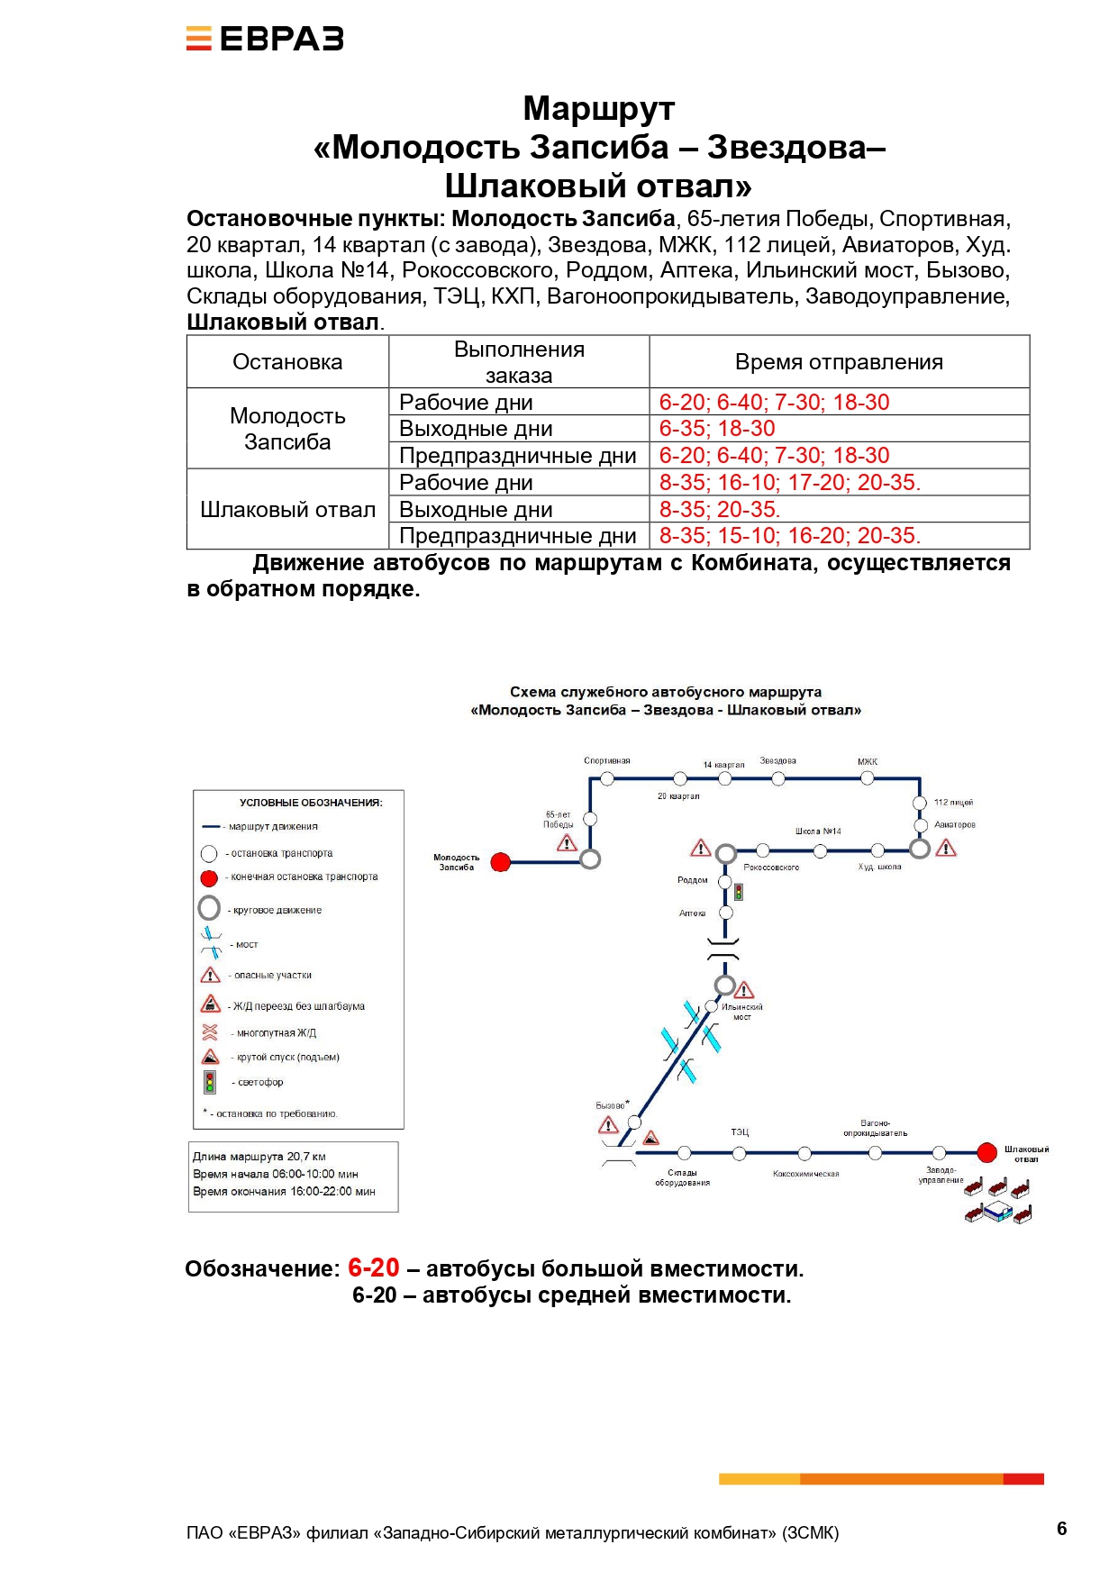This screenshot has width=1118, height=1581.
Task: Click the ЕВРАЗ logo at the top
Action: pos(265,39)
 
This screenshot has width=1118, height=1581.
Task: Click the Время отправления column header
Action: pos(839,362)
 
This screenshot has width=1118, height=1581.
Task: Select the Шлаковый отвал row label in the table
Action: pos(287,510)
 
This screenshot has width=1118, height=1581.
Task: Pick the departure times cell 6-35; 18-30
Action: pos(717,429)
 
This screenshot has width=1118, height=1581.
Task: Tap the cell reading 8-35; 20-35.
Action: pos(720,510)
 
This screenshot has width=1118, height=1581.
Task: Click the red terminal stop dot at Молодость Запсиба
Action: pos(501,862)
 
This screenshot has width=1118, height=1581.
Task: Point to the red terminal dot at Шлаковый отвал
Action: pos(987,1152)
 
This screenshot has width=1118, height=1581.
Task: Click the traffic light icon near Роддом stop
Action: pos(739,892)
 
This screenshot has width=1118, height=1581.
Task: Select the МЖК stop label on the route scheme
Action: pos(868,762)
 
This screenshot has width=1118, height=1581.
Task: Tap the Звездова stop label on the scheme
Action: pos(778,761)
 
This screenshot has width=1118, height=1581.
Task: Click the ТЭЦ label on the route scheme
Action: pos(740,1132)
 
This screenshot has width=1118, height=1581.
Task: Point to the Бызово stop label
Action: pos(610,1106)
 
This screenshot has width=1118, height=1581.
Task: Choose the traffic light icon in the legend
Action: pos(210,1082)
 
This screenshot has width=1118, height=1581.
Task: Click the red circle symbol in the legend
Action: pos(209,877)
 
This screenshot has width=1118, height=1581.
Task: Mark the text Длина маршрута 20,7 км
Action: pos(259,1157)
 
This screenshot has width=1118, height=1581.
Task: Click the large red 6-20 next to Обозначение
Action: pos(373,1268)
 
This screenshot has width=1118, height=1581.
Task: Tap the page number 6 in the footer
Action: pos(1061,1529)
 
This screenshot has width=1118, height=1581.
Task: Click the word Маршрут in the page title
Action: pos(598,109)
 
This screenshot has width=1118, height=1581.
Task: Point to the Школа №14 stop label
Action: pos(818,831)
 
